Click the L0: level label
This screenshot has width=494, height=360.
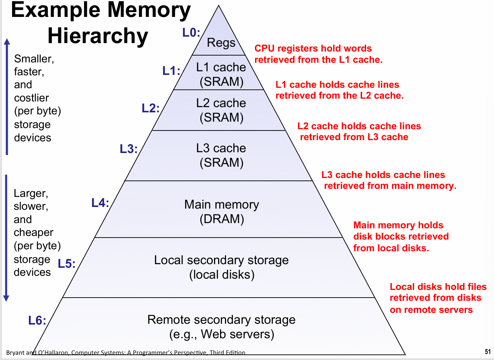pos(191,33)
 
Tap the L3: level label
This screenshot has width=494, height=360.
pos(129,149)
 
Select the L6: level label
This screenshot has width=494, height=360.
pos(37,321)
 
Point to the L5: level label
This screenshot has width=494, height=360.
pos(67,264)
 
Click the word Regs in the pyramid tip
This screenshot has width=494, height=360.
pos(221,42)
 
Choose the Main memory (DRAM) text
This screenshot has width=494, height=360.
pos(222,211)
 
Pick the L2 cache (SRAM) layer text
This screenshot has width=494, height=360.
pos(221,110)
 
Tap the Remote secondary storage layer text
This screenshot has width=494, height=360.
pos(221,327)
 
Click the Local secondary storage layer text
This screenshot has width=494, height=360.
pos(221,267)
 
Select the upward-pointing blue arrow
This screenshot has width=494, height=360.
pos(6,97)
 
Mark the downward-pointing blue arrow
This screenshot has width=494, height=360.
pos(6,238)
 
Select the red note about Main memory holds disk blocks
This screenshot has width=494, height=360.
pos(400,236)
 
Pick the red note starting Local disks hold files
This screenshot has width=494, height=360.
pos(438,298)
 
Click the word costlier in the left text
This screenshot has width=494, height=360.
pos(31,98)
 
